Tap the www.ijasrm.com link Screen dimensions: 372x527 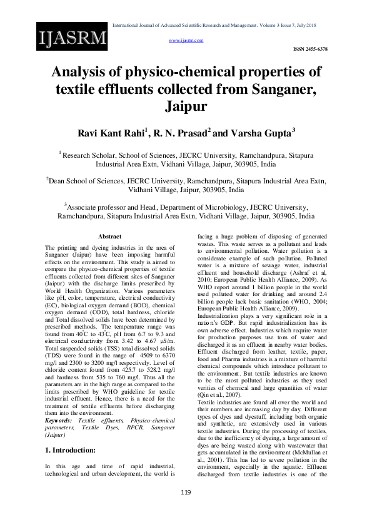click(x=186, y=39)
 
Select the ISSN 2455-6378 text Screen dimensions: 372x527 click(x=310, y=48)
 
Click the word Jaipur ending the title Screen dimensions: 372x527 click(x=186, y=106)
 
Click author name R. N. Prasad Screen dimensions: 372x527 click(x=181, y=132)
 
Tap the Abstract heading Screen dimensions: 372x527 click(x=109, y=236)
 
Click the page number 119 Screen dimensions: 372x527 click(x=186, y=510)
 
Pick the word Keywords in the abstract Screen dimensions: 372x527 click(x=58, y=368)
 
